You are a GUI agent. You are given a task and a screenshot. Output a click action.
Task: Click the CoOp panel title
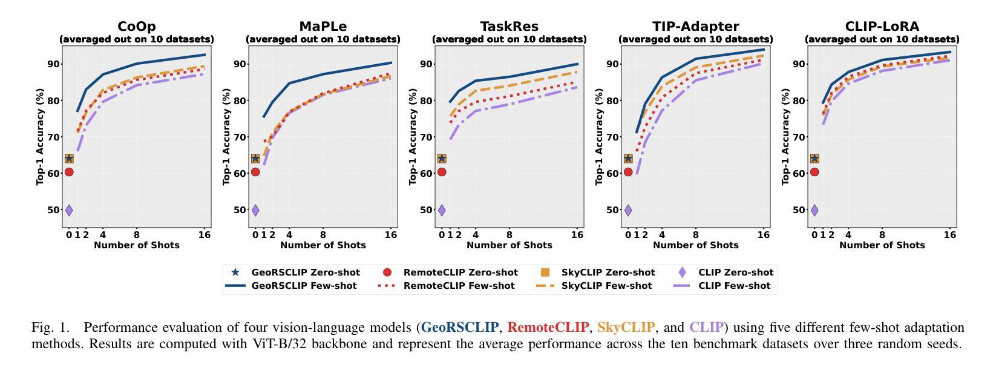(136, 27)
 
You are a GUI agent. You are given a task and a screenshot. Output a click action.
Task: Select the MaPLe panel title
(323, 27)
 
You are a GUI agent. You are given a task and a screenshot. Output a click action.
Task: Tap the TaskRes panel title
(509, 27)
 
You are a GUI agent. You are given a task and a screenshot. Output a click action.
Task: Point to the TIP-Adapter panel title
(695, 27)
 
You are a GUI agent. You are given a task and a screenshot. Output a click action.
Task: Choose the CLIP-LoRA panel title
(882, 27)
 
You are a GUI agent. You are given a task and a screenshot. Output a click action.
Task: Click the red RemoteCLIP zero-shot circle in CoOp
(69, 172)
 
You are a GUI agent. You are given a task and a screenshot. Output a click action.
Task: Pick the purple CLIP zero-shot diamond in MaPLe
(255, 210)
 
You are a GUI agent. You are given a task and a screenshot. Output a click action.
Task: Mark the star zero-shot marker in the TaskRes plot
(442, 159)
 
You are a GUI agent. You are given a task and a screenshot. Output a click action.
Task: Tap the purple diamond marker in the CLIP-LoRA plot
(814, 210)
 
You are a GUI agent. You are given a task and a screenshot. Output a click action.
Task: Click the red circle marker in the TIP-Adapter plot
(628, 172)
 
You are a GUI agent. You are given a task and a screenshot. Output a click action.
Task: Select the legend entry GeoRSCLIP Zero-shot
(306, 273)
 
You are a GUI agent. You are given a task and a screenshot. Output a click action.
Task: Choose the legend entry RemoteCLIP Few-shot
(459, 286)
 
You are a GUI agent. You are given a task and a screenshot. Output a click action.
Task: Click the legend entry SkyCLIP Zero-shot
(608, 273)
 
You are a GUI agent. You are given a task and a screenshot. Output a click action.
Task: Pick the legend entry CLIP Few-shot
(735, 286)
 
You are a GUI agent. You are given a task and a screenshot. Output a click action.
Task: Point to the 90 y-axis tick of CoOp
(53, 64)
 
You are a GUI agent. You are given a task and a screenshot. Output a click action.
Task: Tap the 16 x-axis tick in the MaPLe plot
(391, 235)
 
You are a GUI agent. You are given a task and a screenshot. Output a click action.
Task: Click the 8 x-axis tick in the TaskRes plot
(509, 235)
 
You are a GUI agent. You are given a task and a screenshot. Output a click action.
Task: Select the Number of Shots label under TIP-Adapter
(695, 245)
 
